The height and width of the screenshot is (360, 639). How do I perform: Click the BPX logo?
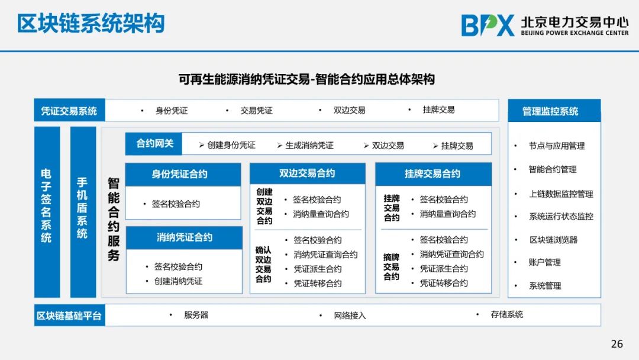point(488,25)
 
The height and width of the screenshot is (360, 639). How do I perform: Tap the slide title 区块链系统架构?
point(91,23)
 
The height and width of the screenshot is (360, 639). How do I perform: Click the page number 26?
point(617,343)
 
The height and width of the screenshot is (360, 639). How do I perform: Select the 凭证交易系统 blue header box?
point(69,111)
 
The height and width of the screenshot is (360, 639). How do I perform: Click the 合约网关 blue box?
point(154,143)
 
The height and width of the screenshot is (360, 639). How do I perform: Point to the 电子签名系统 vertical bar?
point(47,212)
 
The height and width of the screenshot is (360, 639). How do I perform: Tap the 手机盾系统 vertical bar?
point(83,212)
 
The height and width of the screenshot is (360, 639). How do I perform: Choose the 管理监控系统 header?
point(554,111)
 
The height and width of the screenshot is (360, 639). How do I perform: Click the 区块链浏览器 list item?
point(553,240)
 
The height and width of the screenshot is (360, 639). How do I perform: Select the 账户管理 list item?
point(545,262)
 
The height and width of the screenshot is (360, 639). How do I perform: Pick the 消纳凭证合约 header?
point(184,237)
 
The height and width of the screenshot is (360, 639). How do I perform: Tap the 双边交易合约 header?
point(307,173)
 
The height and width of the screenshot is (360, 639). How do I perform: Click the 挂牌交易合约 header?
point(433,174)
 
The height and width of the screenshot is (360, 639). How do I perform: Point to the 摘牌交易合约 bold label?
point(391,267)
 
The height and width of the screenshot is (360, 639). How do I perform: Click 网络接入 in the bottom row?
point(350,316)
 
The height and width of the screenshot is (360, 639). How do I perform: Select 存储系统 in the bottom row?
point(506,314)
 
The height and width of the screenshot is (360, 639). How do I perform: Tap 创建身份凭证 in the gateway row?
point(231,145)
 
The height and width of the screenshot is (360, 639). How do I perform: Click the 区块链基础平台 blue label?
point(69,316)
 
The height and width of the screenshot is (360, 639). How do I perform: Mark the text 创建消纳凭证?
point(178,281)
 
